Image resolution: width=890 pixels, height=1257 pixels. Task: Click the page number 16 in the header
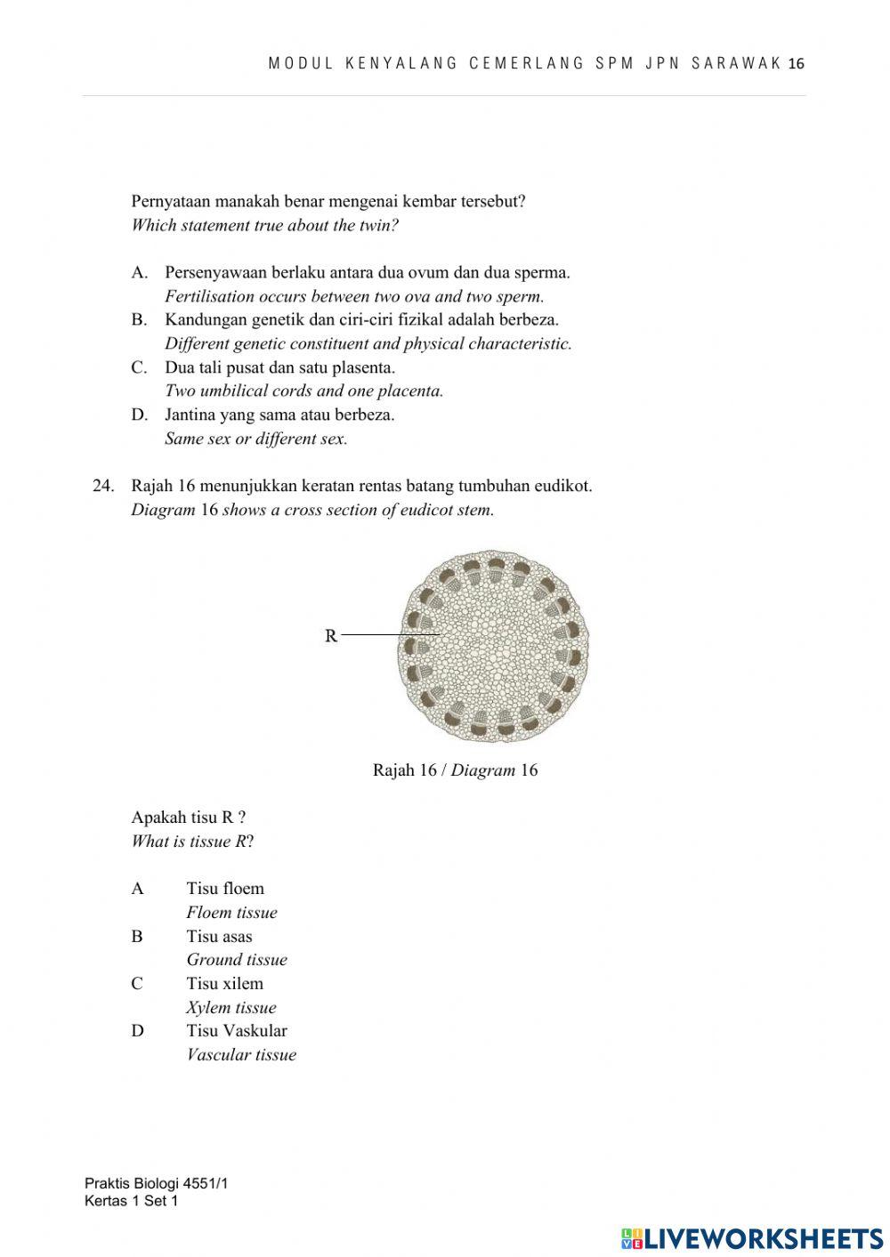click(797, 64)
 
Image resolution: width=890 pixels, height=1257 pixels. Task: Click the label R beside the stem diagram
click(331, 636)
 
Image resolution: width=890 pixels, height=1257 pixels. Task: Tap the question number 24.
click(103, 486)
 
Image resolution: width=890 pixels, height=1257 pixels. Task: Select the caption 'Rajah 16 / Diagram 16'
click(455, 770)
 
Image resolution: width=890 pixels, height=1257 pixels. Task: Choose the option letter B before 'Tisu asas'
click(137, 936)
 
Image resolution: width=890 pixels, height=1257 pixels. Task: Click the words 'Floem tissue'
click(231, 913)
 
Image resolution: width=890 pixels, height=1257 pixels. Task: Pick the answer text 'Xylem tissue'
click(231, 1008)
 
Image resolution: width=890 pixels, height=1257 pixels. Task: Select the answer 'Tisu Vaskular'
click(237, 1031)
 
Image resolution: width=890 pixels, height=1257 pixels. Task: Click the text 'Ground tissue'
click(237, 960)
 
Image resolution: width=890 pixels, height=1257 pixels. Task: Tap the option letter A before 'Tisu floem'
click(137, 889)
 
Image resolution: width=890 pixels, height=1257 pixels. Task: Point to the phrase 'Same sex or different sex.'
click(255, 439)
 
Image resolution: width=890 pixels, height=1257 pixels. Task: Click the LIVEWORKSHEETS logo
click(752, 1238)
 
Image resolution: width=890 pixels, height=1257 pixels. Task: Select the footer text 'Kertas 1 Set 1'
click(131, 1201)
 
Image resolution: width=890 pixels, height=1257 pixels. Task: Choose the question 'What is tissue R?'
click(192, 842)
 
